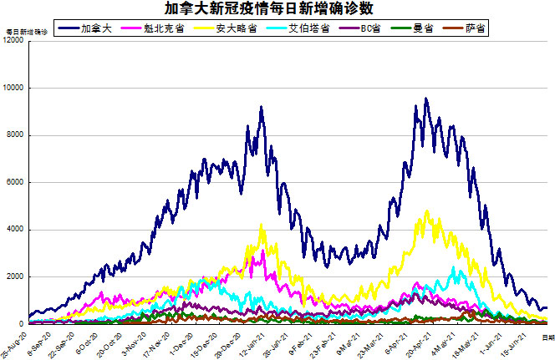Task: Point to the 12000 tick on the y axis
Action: pos(13,41)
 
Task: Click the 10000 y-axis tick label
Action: pos(13,88)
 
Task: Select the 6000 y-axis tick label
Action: pos(15,182)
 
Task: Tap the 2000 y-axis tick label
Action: pos(15,276)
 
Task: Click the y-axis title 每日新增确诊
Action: pos(26,32)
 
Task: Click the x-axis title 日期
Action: pos(547,337)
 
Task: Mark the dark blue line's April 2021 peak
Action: pos(425,99)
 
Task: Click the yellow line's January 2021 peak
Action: pos(262,224)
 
